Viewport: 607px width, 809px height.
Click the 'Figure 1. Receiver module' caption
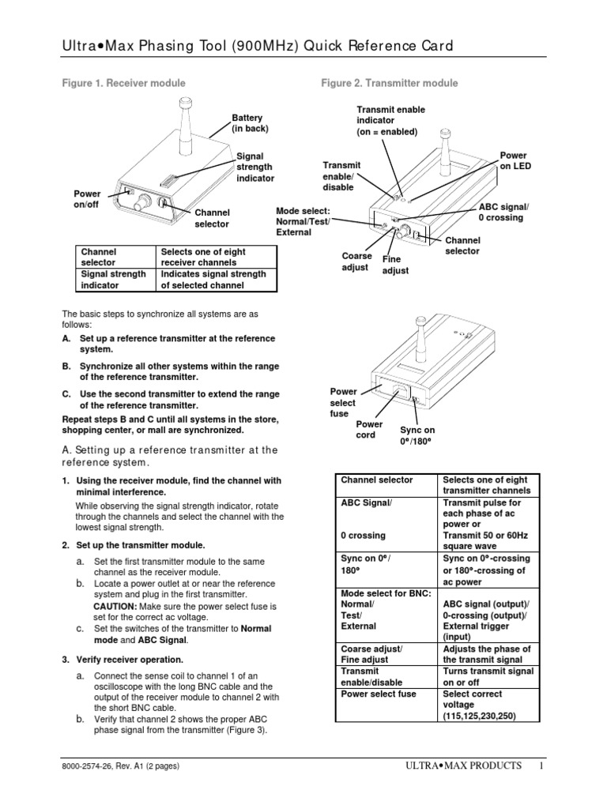tap(123, 83)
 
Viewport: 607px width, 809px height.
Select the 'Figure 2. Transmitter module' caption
tap(389, 83)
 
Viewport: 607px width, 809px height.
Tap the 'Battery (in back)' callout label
tap(247, 123)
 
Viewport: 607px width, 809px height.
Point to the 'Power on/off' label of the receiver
tap(87, 200)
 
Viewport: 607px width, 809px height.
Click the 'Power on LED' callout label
tap(515, 161)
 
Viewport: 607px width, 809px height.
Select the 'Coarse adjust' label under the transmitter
tap(356, 262)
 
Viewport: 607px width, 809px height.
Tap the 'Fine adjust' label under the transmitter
tap(395, 265)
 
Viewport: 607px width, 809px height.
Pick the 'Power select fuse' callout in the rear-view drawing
tap(343, 403)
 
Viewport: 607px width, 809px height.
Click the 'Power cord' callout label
tap(369, 430)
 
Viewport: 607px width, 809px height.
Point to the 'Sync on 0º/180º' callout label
tap(417, 435)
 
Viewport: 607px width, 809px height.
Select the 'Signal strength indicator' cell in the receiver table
tap(113, 280)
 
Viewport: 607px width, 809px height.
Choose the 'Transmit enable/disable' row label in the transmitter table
tap(371, 675)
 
